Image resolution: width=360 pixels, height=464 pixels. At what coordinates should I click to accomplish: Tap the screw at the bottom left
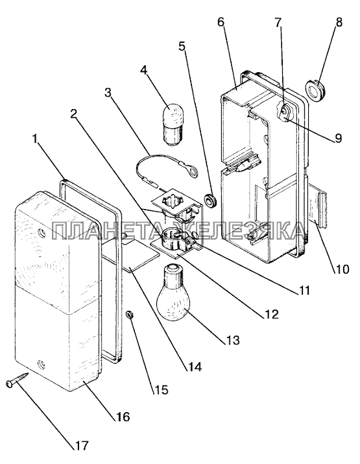17,380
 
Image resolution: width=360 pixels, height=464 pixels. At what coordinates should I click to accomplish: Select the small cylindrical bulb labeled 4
173,125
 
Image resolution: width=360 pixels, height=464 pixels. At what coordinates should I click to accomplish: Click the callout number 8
339,22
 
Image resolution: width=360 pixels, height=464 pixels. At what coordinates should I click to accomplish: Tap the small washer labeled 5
210,201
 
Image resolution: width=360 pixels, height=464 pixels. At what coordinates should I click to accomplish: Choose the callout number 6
221,22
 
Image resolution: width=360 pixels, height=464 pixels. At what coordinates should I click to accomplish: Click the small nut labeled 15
129,315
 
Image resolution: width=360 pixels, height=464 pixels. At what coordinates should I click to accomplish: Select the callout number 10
342,269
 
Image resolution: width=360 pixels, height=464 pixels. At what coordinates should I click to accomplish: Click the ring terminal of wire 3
193,173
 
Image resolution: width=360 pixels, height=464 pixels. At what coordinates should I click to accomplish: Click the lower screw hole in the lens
42,363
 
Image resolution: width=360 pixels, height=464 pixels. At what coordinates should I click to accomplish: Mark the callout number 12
271,314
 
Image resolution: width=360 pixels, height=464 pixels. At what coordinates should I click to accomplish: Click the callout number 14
194,367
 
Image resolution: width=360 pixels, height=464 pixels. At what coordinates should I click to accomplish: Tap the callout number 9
338,138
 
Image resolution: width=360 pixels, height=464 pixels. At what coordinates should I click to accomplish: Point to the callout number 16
123,417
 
